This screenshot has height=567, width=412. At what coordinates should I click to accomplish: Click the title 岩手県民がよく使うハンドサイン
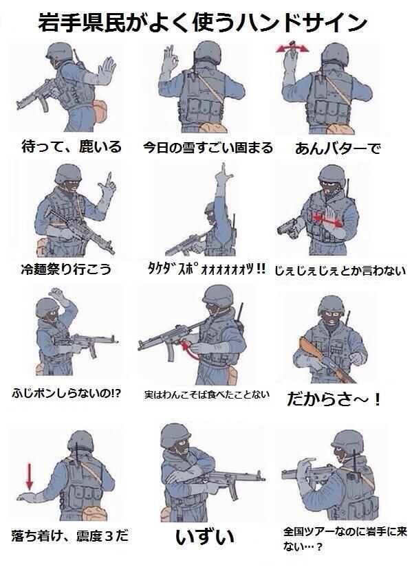(203, 23)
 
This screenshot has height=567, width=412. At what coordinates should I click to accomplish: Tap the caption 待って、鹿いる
(72, 146)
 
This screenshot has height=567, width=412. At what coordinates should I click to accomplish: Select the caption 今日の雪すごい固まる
(208, 148)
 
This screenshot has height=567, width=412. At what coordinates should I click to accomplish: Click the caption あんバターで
(338, 148)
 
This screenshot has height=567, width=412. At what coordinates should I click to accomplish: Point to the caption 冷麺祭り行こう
(66, 269)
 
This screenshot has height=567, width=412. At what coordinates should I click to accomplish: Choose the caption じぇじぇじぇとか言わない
(340, 271)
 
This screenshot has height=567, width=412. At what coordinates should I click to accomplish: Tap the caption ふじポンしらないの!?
(66, 392)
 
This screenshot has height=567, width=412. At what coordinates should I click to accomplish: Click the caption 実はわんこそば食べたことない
(207, 394)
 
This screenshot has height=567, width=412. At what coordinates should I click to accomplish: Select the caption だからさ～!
(334, 399)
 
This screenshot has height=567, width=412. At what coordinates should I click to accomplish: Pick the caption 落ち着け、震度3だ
(70, 535)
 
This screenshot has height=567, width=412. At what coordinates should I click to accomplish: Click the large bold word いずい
(205, 537)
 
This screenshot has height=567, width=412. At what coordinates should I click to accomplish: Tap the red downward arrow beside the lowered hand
(30, 476)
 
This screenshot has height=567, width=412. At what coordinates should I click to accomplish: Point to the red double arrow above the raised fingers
(292, 48)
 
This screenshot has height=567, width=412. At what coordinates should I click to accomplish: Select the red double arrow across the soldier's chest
(327, 219)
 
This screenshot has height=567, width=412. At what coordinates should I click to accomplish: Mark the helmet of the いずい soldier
(175, 435)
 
